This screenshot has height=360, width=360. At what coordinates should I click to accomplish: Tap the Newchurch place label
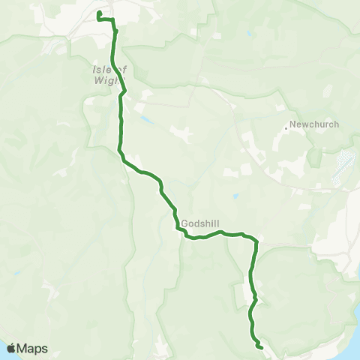point(315,124)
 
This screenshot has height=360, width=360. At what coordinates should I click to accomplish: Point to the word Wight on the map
point(105,78)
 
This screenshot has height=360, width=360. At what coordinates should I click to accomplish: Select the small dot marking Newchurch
point(286,128)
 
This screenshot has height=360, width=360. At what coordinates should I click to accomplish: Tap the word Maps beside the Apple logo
point(33,348)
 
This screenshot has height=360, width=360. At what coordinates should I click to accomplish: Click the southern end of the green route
point(260,347)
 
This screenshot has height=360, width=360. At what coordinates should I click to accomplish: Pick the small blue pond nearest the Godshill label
point(235,197)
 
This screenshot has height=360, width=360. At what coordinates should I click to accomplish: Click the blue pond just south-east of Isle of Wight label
point(144,118)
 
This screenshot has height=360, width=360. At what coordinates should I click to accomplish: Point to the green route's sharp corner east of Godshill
point(256,241)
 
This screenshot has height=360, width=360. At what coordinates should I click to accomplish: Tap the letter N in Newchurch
point(294,124)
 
